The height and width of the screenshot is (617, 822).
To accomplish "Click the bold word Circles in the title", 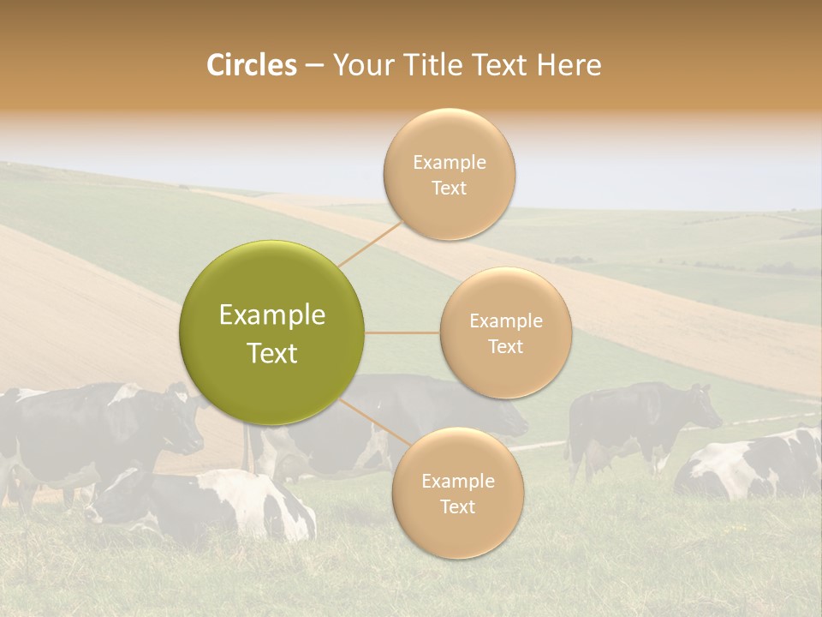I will tap(251, 65).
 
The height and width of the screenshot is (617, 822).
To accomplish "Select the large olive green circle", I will tap(272, 332).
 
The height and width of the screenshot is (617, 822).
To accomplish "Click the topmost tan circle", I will tap(449, 174).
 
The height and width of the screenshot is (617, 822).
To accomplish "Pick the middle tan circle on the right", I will tap(505, 332).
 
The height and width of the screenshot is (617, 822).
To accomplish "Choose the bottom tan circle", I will tap(457, 493).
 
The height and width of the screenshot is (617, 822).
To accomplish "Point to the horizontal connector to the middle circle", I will tap(402, 332).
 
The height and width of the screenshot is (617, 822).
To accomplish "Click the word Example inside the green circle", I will tap(272, 315).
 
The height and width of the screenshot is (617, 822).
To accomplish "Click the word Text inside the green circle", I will tap(272, 353).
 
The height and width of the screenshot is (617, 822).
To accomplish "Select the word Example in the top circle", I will tap(449, 163).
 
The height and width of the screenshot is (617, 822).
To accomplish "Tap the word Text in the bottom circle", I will tap(457, 506).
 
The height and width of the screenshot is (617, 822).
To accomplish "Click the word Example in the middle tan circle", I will tap(505, 321).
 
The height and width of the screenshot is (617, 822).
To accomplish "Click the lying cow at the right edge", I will tap(753, 467).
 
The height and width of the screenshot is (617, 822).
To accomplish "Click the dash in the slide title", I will tap(313, 66).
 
